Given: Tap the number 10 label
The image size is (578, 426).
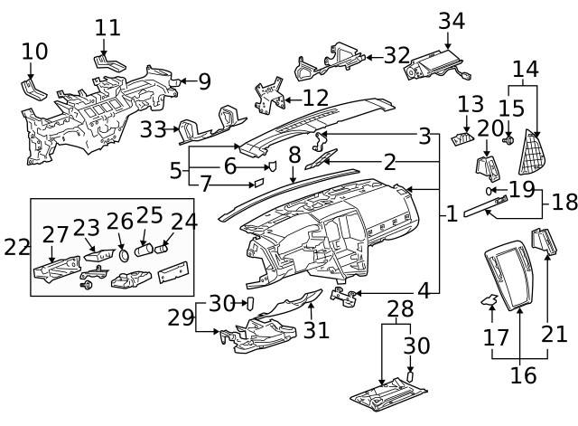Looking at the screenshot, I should tap(34, 52).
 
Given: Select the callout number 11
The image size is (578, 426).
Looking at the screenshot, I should tap(107, 27).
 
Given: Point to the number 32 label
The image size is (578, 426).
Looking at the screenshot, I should tap(396, 55).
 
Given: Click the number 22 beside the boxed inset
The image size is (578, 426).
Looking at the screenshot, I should tap(16, 247).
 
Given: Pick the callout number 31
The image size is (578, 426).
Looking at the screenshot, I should tap(316, 330).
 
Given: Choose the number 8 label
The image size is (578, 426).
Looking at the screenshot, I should tap(294, 155).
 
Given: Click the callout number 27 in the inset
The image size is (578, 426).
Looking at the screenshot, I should tap(56, 236).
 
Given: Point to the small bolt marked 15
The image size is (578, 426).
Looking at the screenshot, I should tap(509, 141).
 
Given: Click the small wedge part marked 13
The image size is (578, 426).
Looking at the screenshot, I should tap(464, 137).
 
